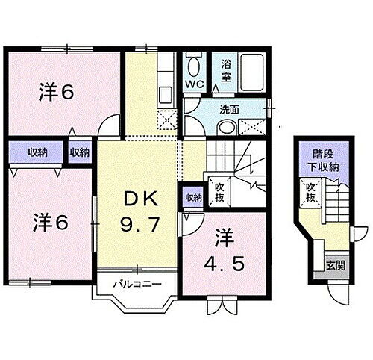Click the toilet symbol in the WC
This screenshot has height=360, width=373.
coord(194,63)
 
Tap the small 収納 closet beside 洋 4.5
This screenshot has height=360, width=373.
coord(192,198)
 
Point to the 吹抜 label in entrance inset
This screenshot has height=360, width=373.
coord(310,193)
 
